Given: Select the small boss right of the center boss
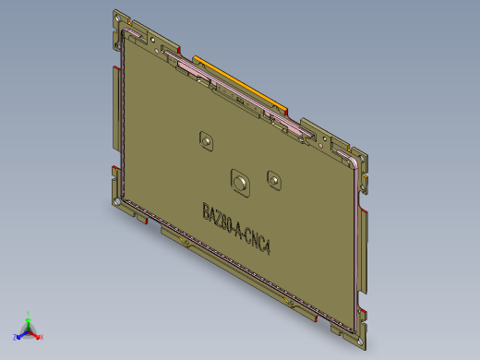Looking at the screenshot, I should (x=273, y=177).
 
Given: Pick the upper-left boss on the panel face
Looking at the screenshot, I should (x=207, y=140).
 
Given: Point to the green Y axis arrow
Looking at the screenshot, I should (x=28, y=319).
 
